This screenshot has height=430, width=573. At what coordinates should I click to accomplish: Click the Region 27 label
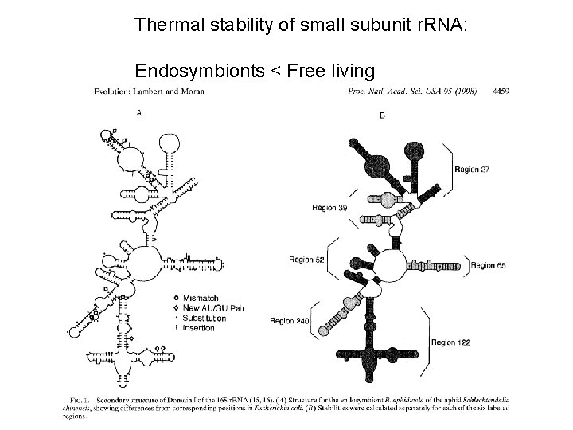[472, 169]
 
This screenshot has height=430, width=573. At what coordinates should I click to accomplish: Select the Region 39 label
[329, 207]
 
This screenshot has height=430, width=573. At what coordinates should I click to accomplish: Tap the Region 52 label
[307, 260]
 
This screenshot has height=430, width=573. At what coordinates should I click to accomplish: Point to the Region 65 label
[488, 265]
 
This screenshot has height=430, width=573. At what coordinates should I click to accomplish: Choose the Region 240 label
[290, 320]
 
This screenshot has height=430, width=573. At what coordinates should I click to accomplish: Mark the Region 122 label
[451, 342]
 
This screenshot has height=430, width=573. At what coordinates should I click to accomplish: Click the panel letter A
[139, 113]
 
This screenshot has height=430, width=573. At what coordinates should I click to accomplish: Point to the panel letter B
[382, 115]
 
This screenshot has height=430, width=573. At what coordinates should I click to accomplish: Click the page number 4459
[501, 91]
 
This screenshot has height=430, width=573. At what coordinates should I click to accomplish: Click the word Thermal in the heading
[162, 25]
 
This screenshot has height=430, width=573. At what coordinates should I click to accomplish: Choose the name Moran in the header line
[191, 91]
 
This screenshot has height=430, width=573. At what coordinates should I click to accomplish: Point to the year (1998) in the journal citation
[461, 91]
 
